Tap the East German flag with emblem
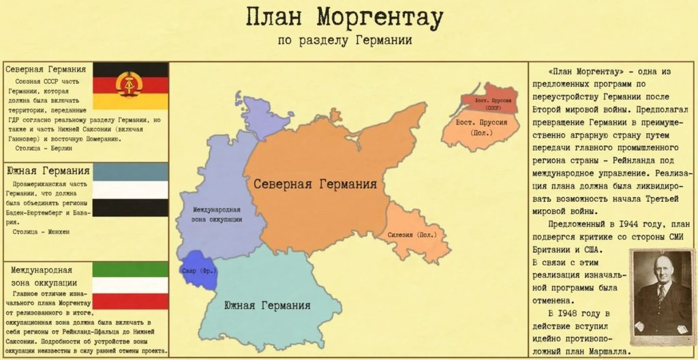(x=130, y=85)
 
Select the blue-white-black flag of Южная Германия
(x=130, y=189)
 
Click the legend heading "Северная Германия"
(x=46, y=70)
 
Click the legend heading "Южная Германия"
(x=39, y=170)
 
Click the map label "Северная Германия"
(x=316, y=185)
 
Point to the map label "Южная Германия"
(x=267, y=305)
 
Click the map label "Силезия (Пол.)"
(x=412, y=235)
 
